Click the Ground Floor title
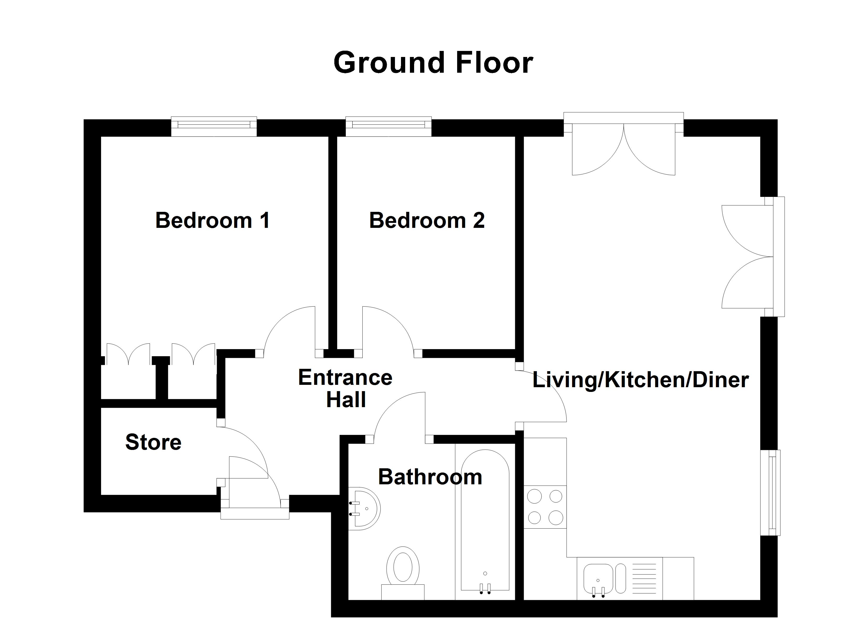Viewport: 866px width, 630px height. tap(433, 63)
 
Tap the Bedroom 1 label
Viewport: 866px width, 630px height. tap(212, 220)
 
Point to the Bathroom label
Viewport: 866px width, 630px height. tap(430, 477)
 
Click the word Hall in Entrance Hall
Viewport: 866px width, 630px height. tap(346, 400)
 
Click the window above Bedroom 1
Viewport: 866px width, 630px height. tap(214, 126)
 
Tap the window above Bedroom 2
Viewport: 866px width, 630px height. tap(388, 126)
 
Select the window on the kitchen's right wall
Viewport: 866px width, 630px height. tap(770, 492)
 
